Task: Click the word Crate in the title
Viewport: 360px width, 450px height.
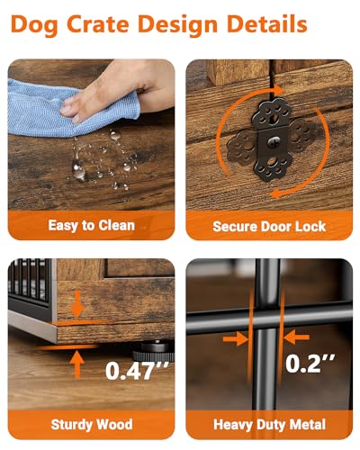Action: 99,24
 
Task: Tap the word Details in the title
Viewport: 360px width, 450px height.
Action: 267,24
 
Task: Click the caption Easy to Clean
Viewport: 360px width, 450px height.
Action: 91,226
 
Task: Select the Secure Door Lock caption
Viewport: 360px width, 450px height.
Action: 269,226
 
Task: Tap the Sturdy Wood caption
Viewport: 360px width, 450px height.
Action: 92,425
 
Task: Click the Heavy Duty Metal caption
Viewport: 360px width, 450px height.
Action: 269,425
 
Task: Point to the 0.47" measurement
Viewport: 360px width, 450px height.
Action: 137,371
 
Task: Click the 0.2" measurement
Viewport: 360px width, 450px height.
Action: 310,364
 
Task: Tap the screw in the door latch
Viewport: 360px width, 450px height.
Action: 274,141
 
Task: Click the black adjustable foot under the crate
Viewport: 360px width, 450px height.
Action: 153,351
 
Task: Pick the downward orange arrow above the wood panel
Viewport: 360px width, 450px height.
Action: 77,303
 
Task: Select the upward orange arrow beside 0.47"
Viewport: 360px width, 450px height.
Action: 77,364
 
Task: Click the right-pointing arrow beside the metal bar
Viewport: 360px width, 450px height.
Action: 236,338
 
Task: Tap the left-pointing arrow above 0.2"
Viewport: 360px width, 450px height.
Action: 296,337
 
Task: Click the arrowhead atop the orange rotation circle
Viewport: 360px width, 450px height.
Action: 278,90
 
